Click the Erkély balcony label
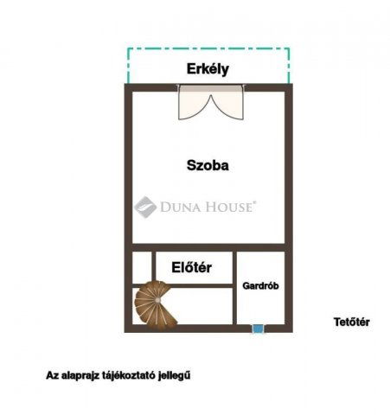click(x=208, y=70)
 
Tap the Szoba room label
click(x=208, y=164)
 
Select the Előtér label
click(x=191, y=268)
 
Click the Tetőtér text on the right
click(x=352, y=322)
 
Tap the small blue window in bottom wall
click(x=257, y=328)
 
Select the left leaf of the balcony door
click(x=194, y=104)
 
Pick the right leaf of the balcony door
click(x=229, y=104)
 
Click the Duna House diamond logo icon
click(x=144, y=207)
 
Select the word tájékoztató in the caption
click(x=136, y=375)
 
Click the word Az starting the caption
click(x=53, y=375)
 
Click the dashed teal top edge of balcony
click(x=208, y=48)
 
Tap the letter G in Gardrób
click(x=246, y=285)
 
